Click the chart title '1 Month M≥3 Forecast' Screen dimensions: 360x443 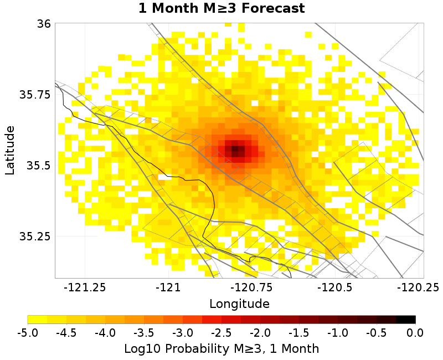coord(221,9)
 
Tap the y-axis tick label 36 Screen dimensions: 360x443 coord(45,24)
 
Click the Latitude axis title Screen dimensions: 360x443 coord(10,150)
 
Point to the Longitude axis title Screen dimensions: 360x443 coord(239,304)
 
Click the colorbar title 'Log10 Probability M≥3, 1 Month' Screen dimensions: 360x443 coord(221,349)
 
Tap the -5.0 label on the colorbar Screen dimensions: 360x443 coord(28,333)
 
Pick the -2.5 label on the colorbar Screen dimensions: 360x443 coord(221,333)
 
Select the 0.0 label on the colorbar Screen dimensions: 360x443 coord(415,333)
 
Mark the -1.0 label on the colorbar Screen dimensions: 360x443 coord(337,333)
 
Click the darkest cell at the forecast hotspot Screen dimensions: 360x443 coord(235,150)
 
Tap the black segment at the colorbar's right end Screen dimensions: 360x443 coord(406,320)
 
